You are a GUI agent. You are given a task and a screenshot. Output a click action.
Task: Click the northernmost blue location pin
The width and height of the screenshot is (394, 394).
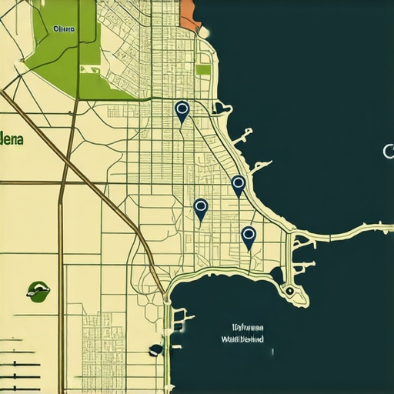(x=182, y=111)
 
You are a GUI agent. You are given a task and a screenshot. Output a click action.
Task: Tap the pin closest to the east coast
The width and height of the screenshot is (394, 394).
(x=238, y=184)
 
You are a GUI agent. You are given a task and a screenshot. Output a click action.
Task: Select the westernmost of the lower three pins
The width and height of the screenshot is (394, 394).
(x=201, y=208)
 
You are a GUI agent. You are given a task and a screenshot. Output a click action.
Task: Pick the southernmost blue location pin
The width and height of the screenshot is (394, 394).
(x=248, y=235)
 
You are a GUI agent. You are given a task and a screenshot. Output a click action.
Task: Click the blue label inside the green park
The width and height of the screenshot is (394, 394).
(x=64, y=28)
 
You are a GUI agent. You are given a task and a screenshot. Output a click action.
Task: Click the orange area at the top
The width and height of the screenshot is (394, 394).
(x=189, y=14)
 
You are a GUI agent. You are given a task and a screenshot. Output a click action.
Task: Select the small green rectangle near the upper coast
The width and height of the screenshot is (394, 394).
(x=203, y=69)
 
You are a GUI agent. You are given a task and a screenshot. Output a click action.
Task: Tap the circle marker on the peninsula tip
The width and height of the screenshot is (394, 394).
(x=289, y=291)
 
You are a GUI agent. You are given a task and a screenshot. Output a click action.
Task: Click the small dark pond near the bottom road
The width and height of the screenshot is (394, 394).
(x=156, y=349)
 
